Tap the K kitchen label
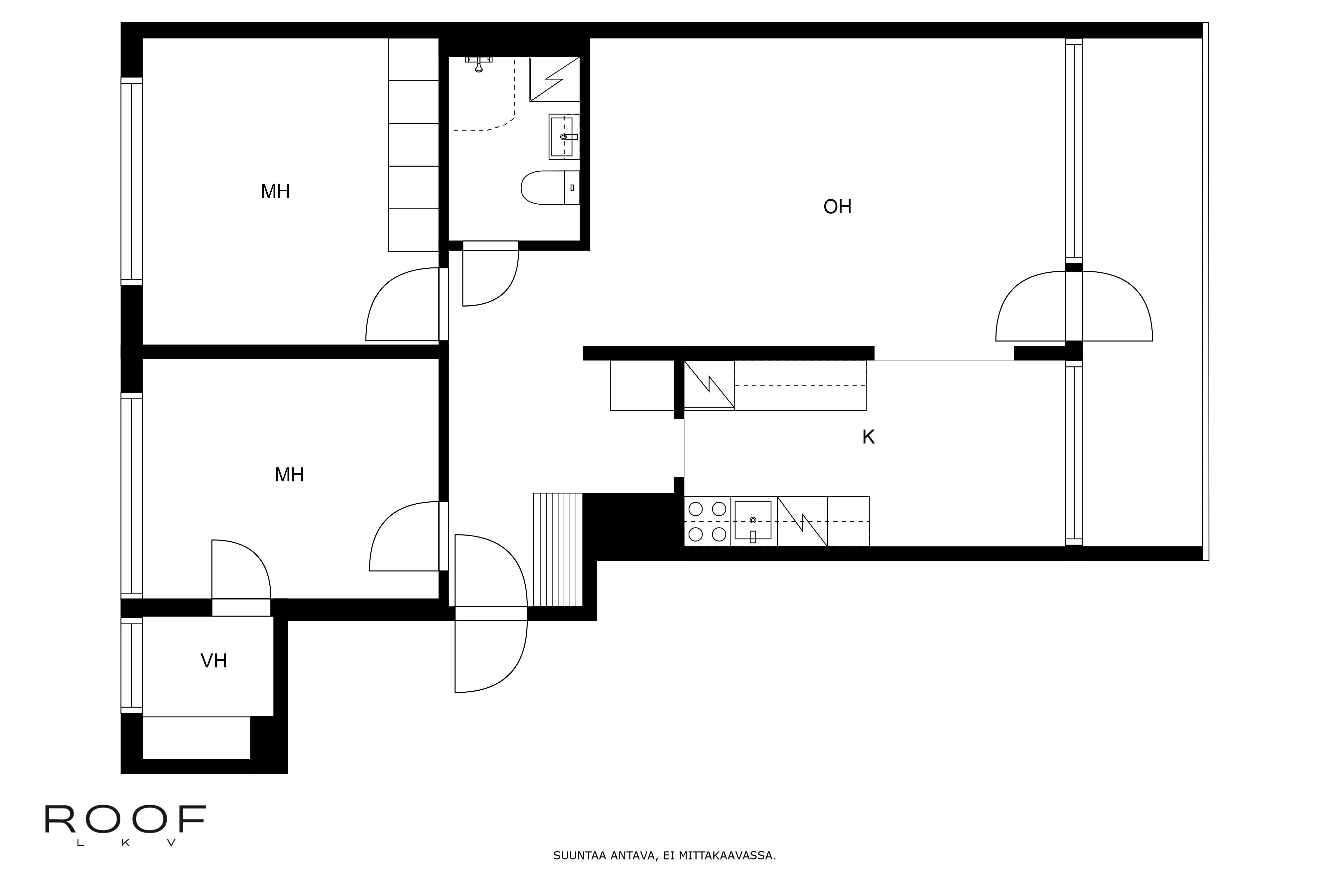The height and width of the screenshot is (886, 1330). coord(868,437)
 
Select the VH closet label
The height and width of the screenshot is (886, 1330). coord(214,660)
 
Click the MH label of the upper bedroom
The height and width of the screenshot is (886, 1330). coord(275,192)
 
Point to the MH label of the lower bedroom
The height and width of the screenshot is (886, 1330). coord(290,475)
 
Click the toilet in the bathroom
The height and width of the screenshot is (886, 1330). coord(550,188)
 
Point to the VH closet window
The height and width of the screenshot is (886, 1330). coord(131,665)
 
